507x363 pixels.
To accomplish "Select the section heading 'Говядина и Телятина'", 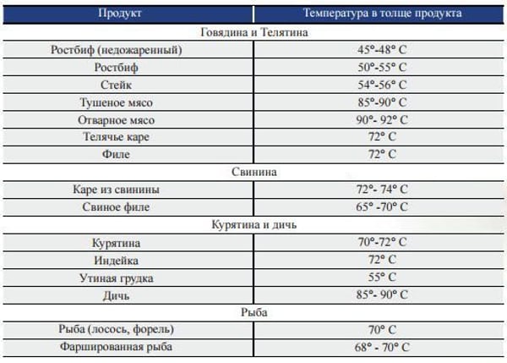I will (x=253, y=33).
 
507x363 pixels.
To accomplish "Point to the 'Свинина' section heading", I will (x=253, y=172).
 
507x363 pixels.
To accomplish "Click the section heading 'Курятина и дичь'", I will (x=253, y=225).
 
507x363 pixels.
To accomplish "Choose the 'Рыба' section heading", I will (x=253, y=312).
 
